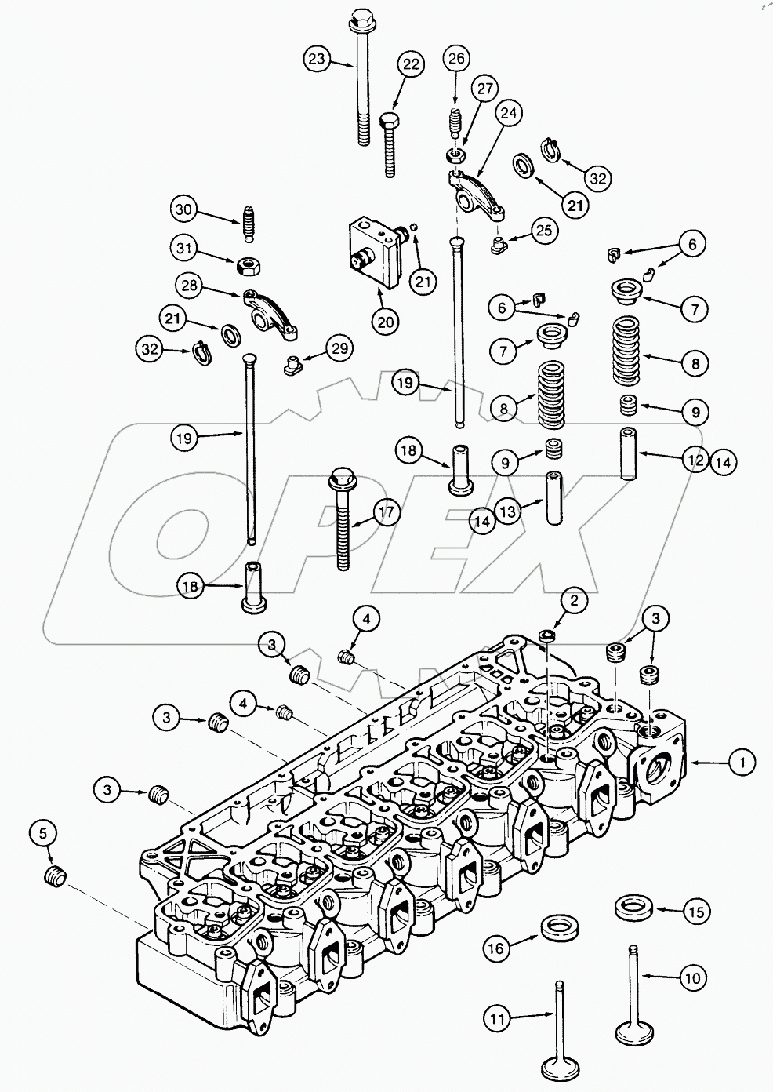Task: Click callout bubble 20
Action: click(387, 321)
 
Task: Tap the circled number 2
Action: click(575, 602)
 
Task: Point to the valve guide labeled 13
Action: click(554, 498)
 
